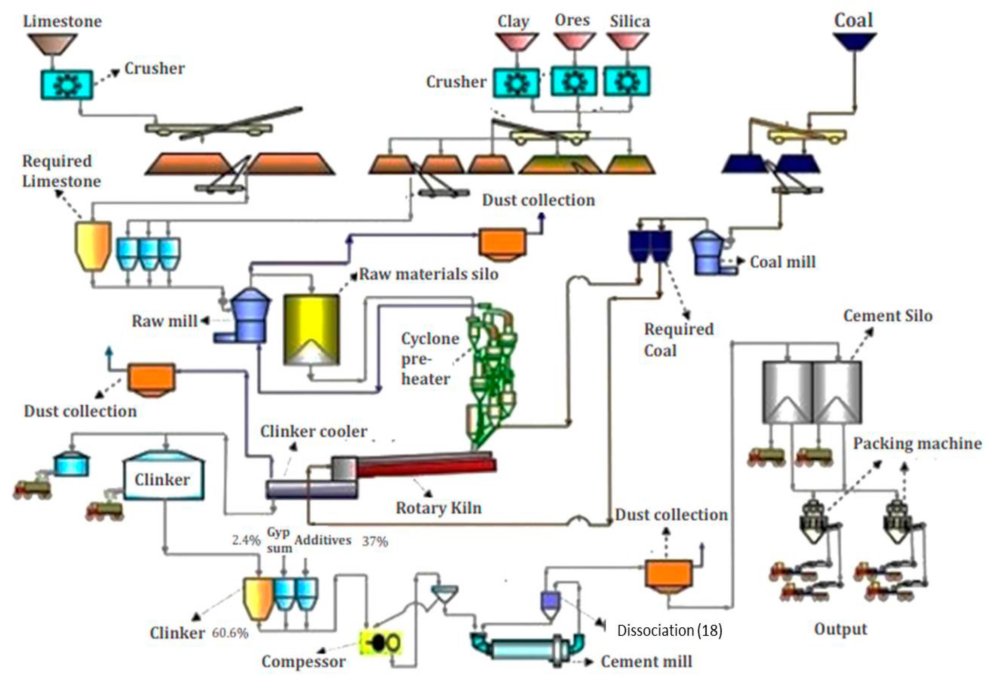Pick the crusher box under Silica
627,81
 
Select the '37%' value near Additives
375,542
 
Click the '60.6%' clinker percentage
230,633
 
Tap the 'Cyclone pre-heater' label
430,359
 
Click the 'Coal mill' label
783,262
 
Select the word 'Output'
841,629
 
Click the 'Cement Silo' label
888,316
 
